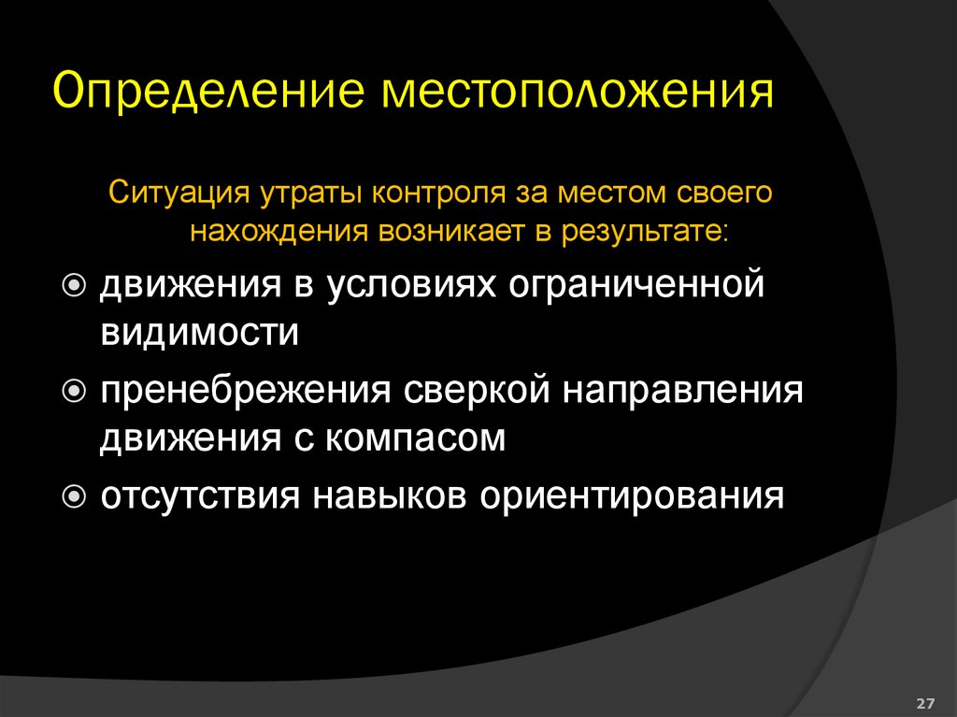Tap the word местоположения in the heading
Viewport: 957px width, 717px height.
[x=575, y=93]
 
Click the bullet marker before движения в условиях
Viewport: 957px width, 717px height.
[x=77, y=284]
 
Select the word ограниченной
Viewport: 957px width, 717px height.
[x=639, y=284]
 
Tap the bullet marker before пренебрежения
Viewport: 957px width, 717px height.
[x=77, y=390]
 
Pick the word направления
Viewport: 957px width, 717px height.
[x=682, y=390]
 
